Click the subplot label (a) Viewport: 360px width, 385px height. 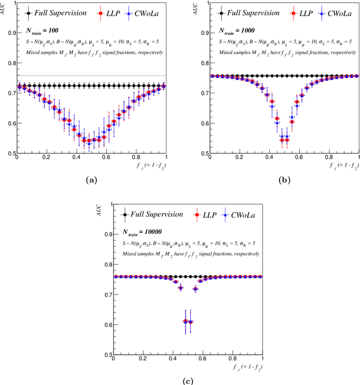(90, 180)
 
